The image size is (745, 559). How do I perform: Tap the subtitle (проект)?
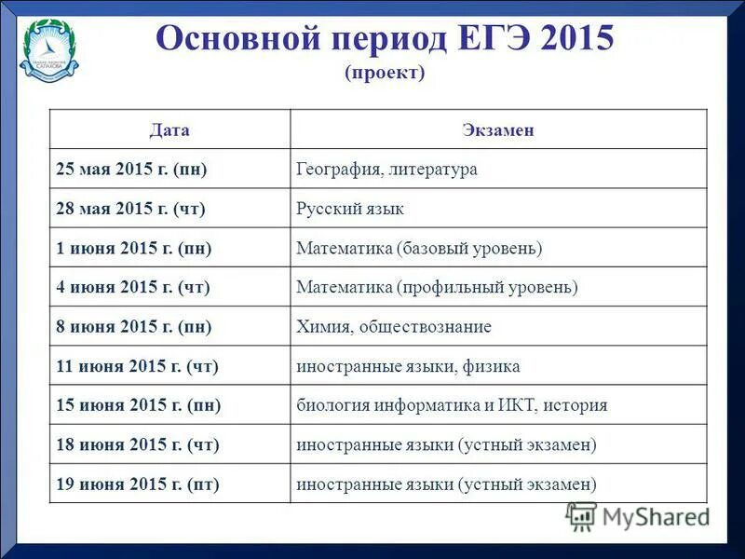pyautogui.click(x=384, y=73)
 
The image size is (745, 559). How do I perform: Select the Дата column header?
pyautogui.click(x=169, y=130)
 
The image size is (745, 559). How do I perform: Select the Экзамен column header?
pyautogui.click(x=498, y=130)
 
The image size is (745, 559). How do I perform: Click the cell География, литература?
pyautogui.click(x=386, y=170)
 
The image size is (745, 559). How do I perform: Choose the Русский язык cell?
pyautogui.click(x=350, y=209)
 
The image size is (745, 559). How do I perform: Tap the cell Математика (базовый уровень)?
pyautogui.click(x=419, y=249)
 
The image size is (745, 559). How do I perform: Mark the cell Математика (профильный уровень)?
pyautogui.click(x=437, y=288)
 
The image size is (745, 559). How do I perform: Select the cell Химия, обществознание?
pyautogui.click(x=393, y=327)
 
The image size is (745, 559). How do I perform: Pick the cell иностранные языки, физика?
pyautogui.click(x=408, y=366)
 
